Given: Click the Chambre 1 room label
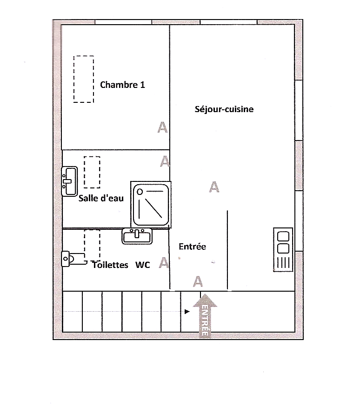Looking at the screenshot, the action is [x=122, y=85].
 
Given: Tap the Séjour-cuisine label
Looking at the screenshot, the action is [x=224, y=109].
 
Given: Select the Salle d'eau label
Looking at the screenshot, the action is [x=101, y=198].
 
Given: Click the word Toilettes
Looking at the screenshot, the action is [x=110, y=265].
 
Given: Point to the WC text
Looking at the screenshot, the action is [x=143, y=265].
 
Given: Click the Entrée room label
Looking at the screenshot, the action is [x=193, y=247].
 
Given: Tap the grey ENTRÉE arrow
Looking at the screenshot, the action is [x=205, y=315].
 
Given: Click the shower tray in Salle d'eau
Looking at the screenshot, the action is [x=151, y=205].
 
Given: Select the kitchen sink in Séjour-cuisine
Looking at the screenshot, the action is [x=283, y=249].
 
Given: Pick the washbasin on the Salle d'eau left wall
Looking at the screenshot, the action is [x=69, y=181].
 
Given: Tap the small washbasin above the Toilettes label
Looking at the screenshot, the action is [x=137, y=236].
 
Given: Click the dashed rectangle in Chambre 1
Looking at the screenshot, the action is [x=84, y=79].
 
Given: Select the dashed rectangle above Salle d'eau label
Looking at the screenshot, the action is [x=92, y=172].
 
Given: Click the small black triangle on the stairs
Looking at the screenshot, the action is [x=187, y=312].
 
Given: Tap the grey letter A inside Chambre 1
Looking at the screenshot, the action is [x=162, y=127].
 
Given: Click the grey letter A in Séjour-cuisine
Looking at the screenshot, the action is [x=214, y=187].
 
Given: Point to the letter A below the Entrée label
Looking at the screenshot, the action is [x=198, y=281].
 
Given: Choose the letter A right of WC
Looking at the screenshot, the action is [x=164, y=263].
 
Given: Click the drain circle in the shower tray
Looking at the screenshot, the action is [x=140, y=192].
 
